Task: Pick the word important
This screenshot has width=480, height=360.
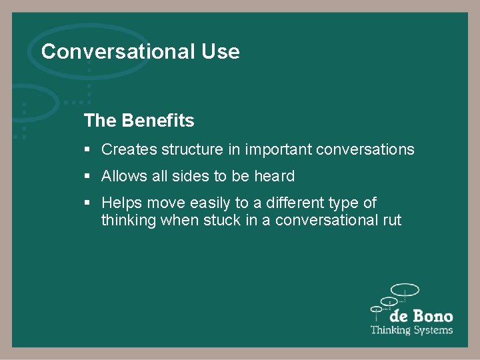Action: pos(278,149)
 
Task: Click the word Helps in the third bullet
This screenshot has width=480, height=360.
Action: pos(122,203)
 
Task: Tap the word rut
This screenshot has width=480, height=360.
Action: pos(391,220)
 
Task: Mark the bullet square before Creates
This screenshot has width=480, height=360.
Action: pos(87,150)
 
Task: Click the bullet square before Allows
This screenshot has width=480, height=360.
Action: pos(87,177)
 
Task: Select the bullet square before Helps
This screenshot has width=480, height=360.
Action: pos(87,203)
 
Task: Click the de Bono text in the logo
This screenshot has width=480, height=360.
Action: pos(421,316)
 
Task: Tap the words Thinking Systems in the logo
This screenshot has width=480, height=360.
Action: pos(411,330)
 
